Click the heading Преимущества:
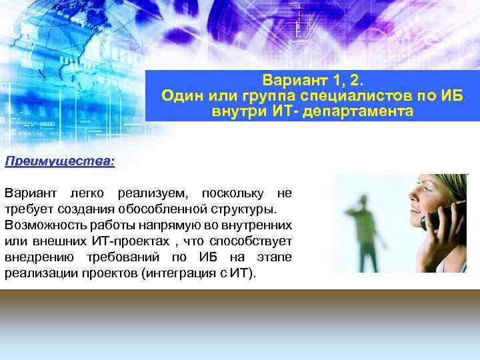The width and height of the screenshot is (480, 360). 59,161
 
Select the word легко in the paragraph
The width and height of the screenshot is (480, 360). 91,193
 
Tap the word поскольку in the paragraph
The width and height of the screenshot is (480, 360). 231,193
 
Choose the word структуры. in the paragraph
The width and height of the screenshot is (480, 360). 237,209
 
